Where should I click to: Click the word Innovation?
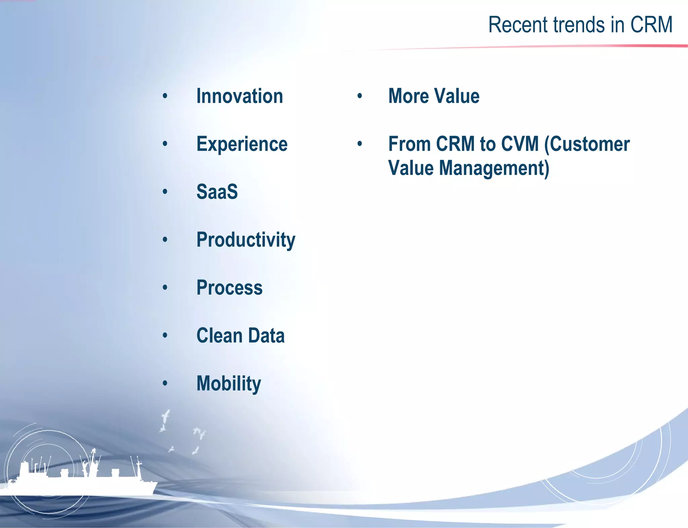(x=240, y=96)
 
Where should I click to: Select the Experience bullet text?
(x=242, y=144)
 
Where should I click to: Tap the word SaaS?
(x=217, y=192)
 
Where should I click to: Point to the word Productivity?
(x=246, y=240)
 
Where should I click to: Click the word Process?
(x=229, y=288)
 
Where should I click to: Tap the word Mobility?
(x=228, y=384)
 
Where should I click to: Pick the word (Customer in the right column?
(x=587, y=144)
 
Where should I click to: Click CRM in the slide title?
(x=651, y=25)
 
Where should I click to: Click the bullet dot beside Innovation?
(x=165, y=97)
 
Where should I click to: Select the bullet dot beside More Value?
(x=360, y=97)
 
